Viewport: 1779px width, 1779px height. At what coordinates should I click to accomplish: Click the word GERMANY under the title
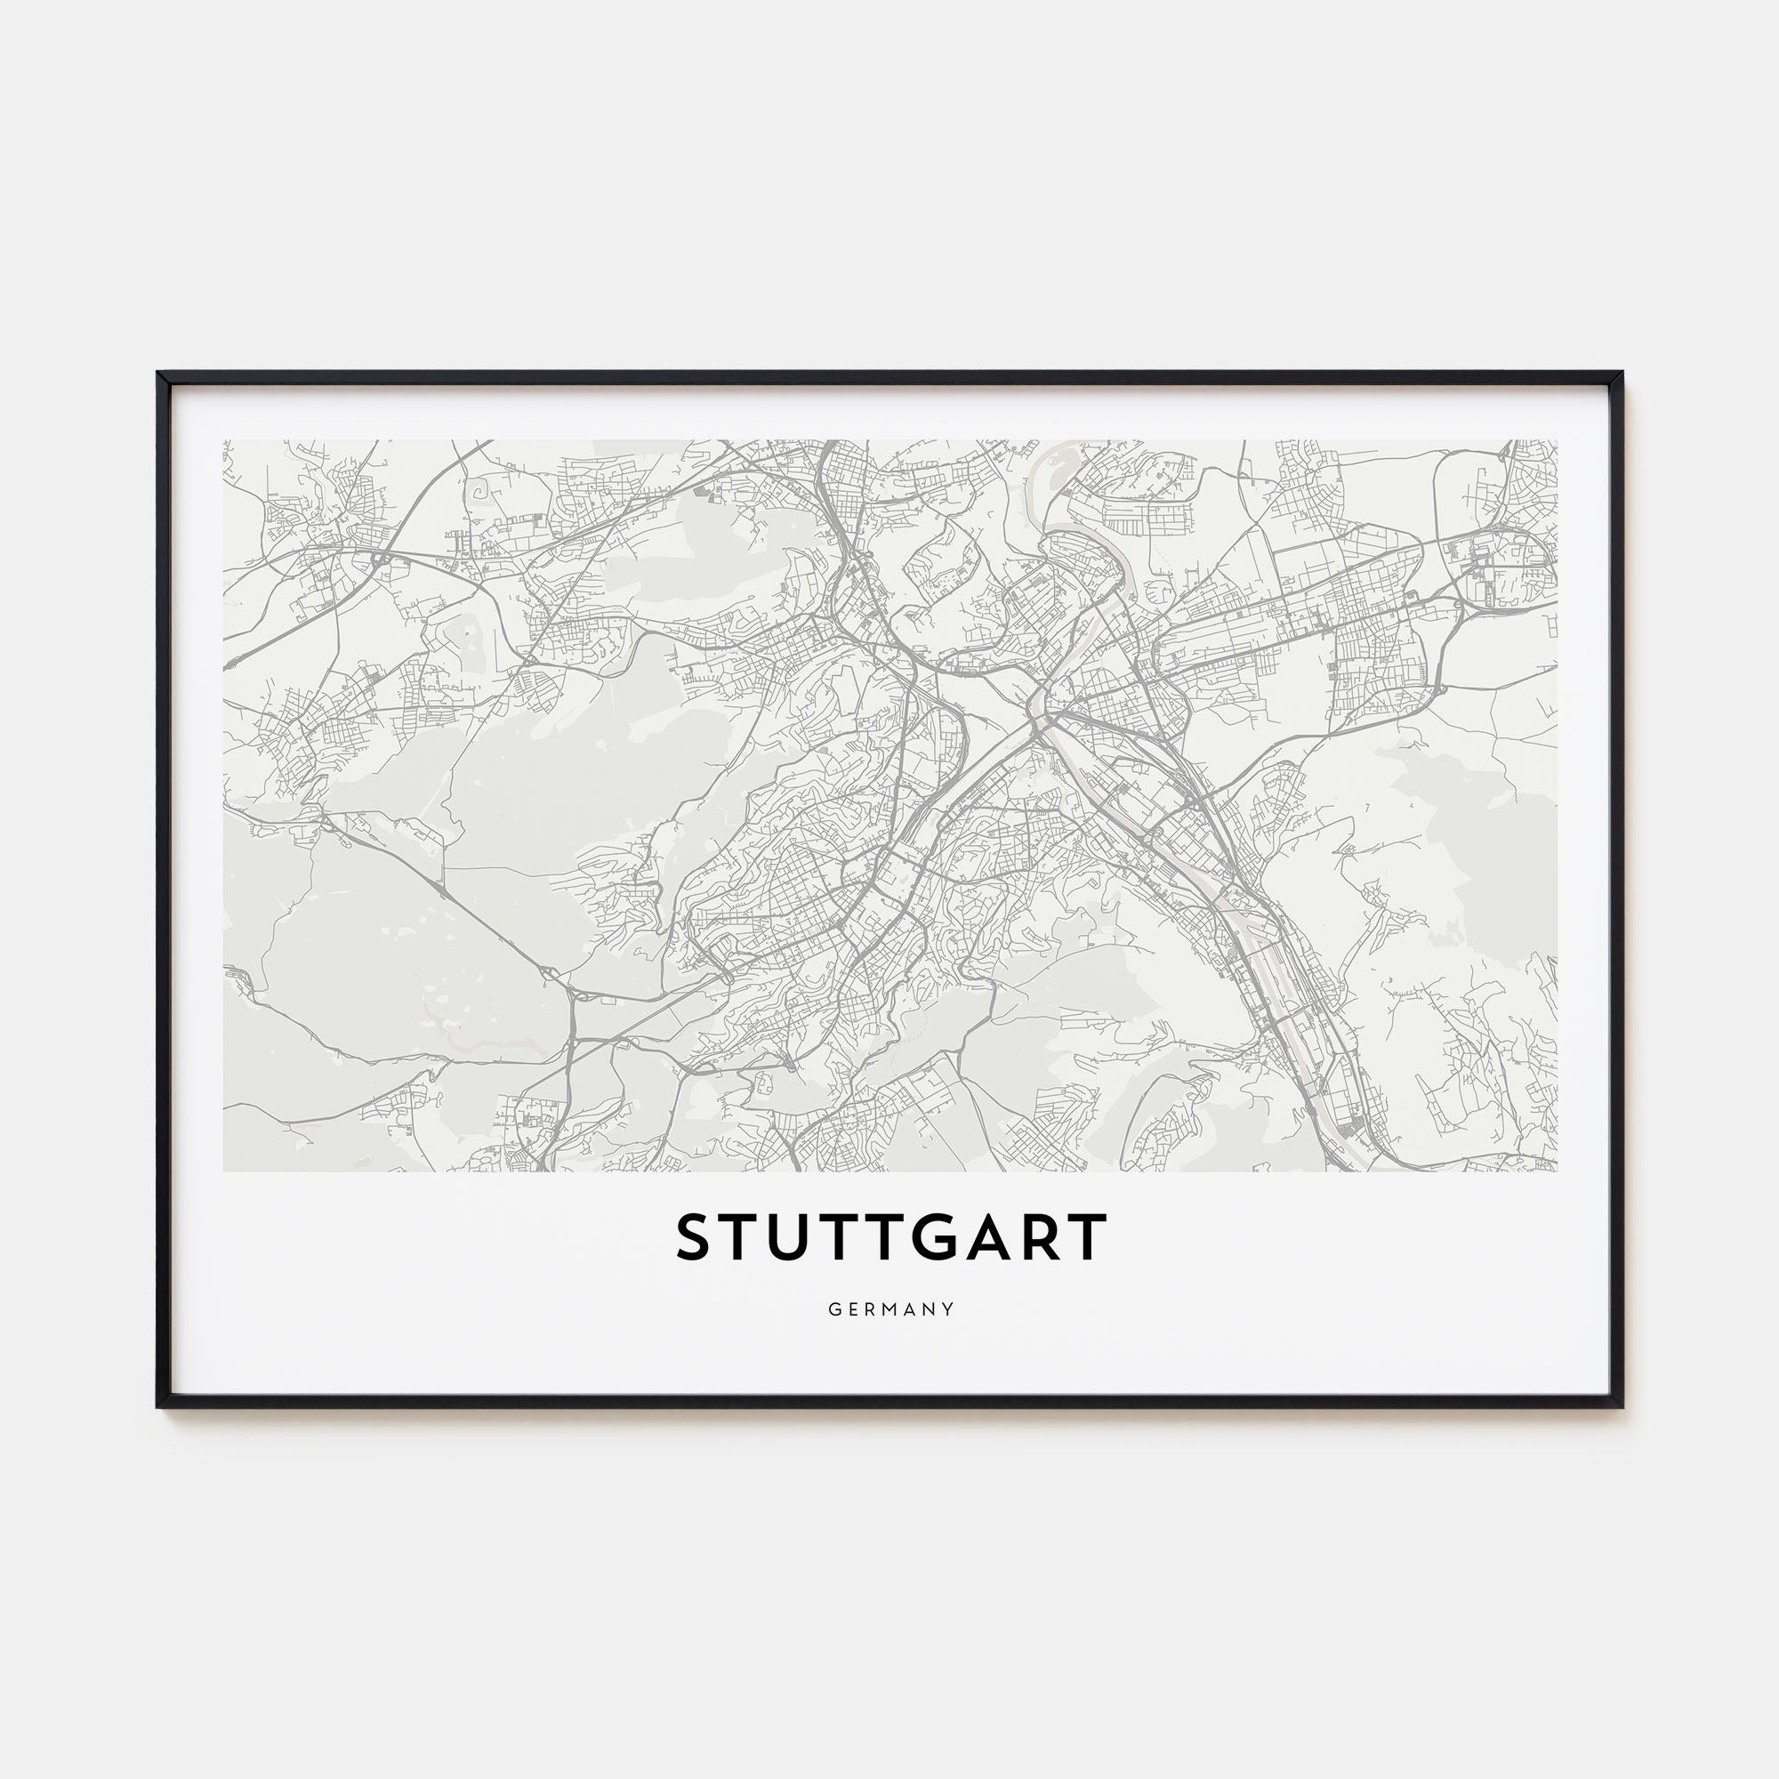[890, 1309]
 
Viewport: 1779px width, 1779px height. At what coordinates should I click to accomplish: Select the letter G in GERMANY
[833, 1309]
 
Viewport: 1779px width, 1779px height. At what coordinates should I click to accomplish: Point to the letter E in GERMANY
[851, 1309]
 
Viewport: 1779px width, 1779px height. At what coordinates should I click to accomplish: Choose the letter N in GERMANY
[931, 1309]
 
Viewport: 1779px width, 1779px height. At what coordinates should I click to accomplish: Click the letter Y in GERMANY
[949, 1309]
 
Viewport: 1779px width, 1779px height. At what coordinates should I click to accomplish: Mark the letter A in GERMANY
[911, 1309]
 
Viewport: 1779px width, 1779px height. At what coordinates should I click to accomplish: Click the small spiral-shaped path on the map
[479, 494]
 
